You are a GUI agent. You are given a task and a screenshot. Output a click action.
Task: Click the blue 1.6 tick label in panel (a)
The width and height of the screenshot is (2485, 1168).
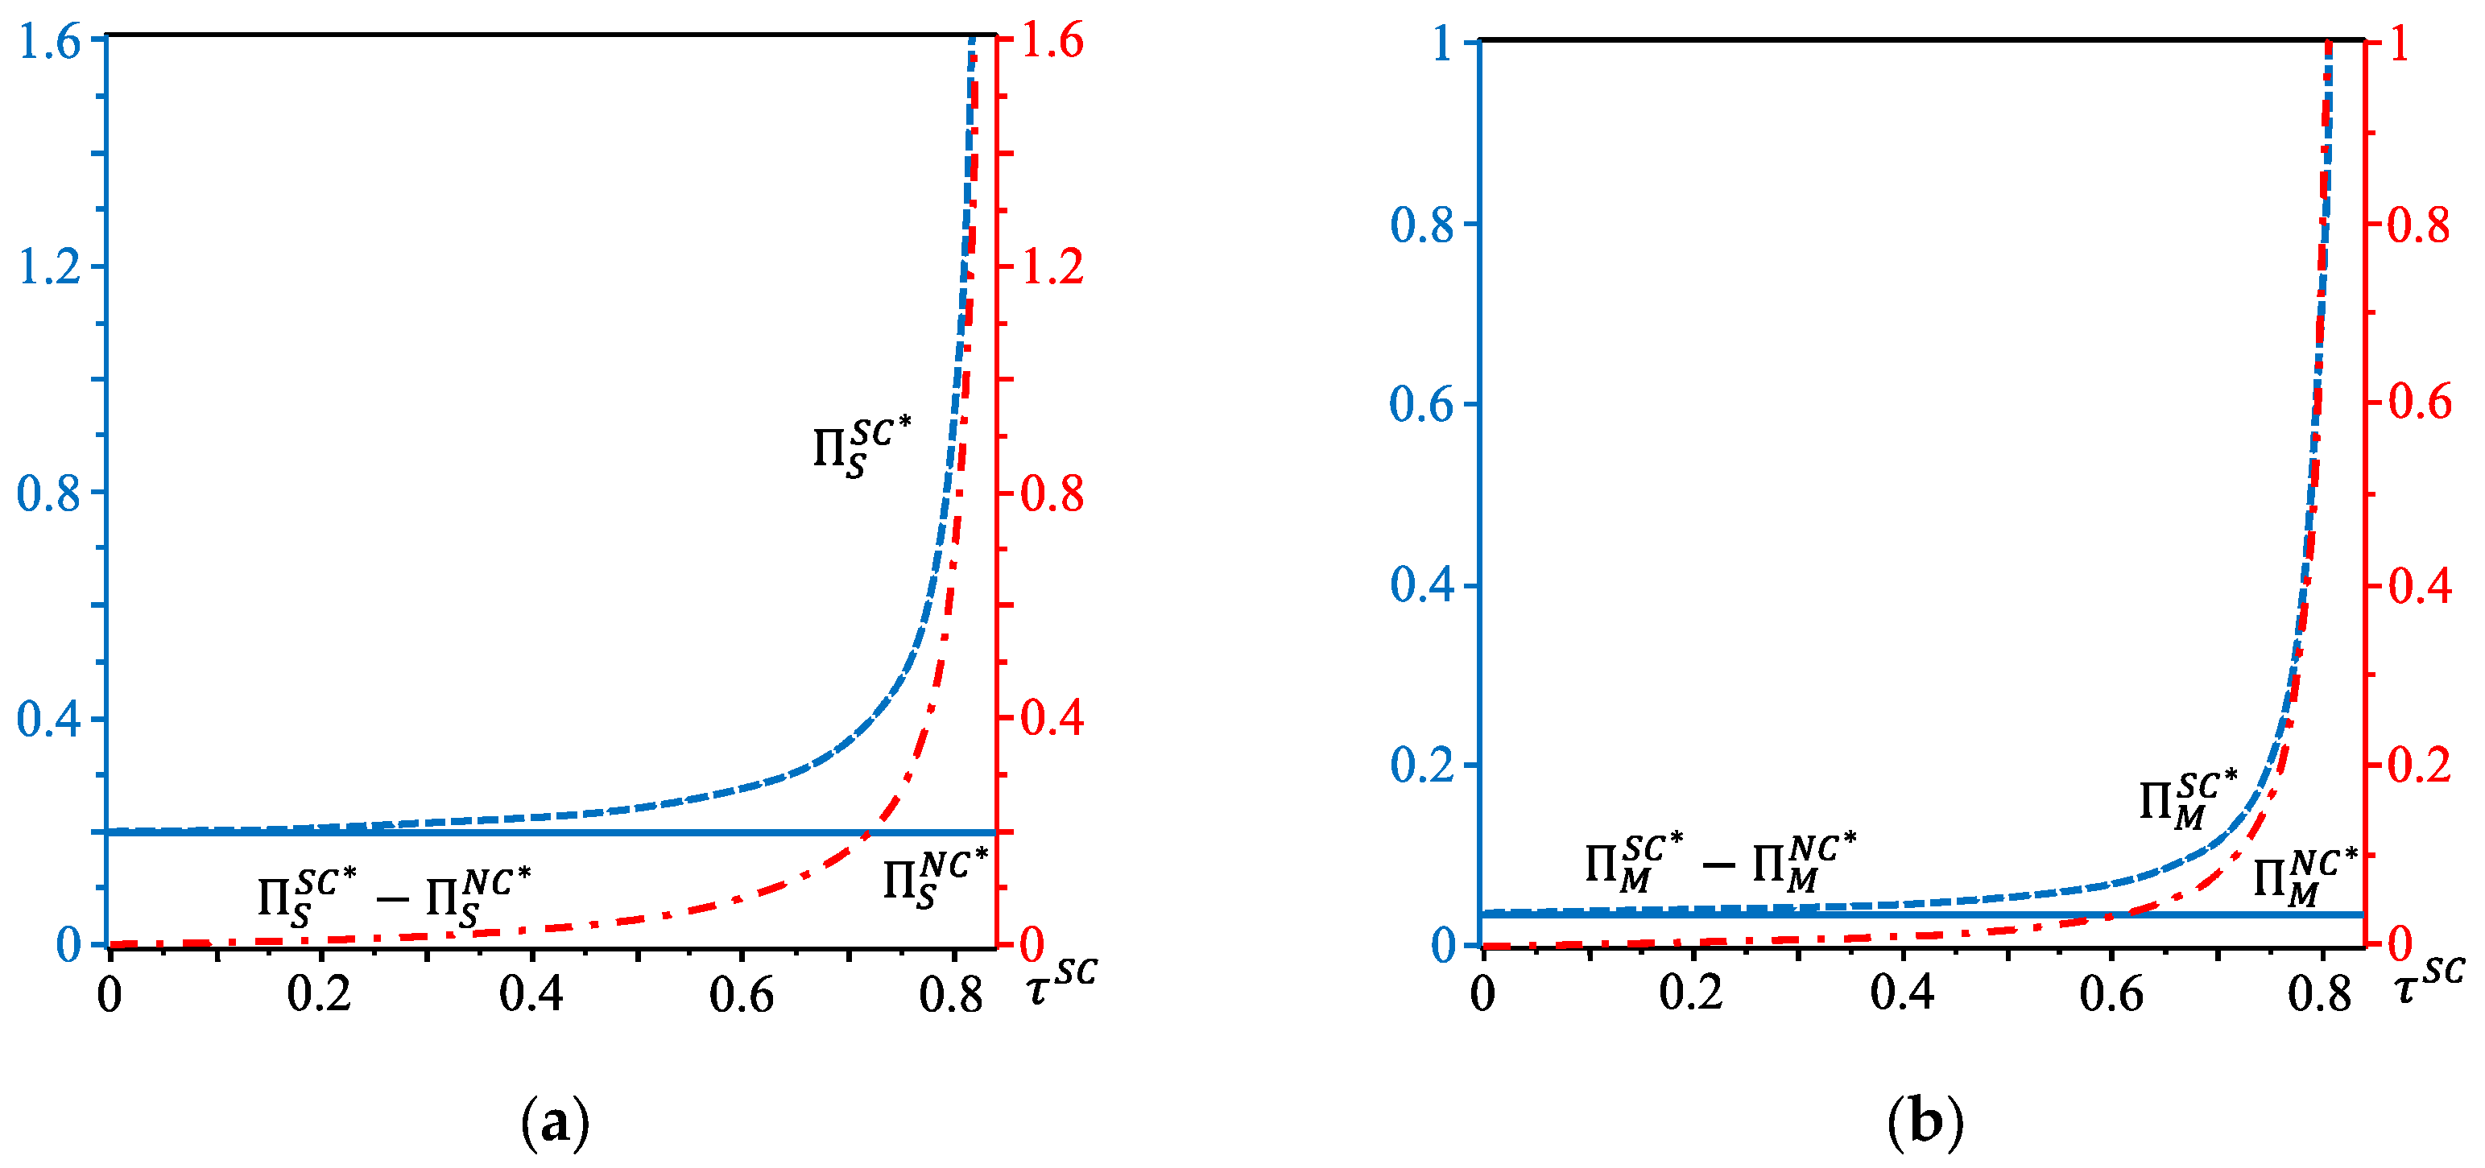[49, 44]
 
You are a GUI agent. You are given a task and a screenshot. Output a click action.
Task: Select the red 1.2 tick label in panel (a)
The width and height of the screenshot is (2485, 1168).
[1052, 266]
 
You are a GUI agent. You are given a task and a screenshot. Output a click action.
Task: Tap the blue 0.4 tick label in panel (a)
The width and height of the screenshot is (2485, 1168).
[48, 720]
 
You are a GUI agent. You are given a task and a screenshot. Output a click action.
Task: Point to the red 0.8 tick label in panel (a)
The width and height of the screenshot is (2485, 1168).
[1052, 493]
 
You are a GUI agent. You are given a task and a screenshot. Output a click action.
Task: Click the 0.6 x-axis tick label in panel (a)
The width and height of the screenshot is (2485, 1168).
[741, 994]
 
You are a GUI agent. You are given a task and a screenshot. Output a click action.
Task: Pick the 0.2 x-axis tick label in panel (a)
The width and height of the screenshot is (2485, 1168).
[320, 994]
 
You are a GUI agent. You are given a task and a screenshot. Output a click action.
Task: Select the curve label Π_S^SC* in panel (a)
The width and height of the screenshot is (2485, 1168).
[862, 447]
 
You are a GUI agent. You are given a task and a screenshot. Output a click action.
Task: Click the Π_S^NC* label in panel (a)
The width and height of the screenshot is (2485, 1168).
[935, 877]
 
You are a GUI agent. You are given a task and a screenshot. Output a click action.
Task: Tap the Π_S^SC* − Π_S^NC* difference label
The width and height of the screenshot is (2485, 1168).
[394, 897]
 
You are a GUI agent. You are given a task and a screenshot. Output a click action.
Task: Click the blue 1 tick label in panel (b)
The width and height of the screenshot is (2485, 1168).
[1443, 44]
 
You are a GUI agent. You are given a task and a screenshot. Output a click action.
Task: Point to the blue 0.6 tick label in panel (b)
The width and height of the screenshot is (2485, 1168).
[1421, 404]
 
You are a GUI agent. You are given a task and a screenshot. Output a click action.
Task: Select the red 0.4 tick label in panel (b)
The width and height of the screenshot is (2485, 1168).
[2420, 585]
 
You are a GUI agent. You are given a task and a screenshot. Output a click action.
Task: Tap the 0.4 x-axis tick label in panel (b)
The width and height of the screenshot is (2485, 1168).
[1902, 994]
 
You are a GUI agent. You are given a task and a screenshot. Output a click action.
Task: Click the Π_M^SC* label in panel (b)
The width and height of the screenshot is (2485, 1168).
[2188, 799]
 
